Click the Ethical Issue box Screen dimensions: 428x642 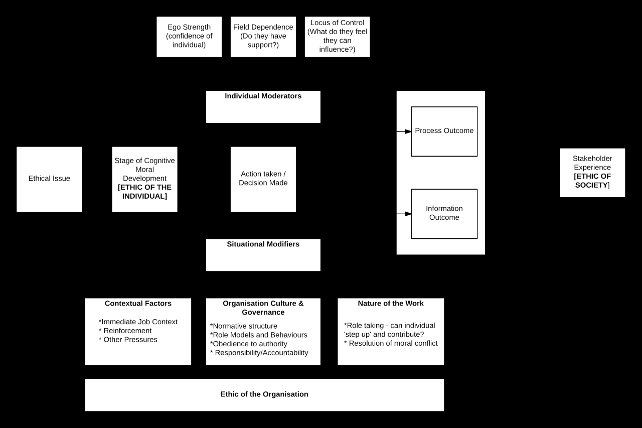tap(49, 179)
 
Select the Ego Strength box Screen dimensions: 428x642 tap(189, 36)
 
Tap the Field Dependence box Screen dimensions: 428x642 tap(263, 36)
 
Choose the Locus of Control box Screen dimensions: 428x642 tap(337, 36)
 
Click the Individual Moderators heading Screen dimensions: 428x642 tap(263, 96)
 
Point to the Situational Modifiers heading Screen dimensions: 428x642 tap(263, 244)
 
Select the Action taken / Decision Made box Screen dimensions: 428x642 tap(263, 179)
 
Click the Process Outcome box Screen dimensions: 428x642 tap(444, 131)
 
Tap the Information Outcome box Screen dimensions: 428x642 tap(444, 213)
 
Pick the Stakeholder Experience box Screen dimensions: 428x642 tap(592, 172)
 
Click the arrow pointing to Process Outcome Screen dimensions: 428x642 tap(404, 131)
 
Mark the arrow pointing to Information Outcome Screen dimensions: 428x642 tap(404, 214)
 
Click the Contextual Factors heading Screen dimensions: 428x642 tap(138, 304)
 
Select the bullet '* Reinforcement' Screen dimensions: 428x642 tap(125, 331)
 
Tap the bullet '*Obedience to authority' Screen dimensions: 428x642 tap(249, 344)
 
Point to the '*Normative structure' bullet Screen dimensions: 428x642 tap(244, 326)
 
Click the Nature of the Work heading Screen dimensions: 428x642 tap(391, 304)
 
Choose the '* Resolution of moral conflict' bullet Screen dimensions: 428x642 tap(391, 344)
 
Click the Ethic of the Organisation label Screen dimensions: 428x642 tap(264, 394)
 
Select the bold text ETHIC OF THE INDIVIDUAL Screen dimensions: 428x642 tap(144, 192)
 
